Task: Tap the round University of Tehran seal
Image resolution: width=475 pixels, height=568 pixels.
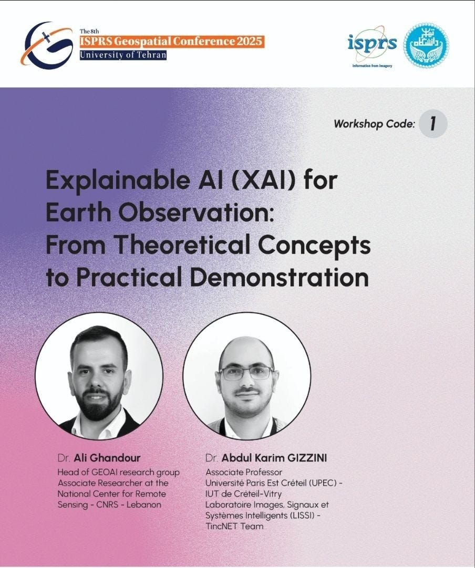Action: tap(426, 45)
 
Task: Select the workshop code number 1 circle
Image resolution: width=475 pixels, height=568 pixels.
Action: tap(433, 124)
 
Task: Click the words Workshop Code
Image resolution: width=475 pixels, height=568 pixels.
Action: tap(374, 124)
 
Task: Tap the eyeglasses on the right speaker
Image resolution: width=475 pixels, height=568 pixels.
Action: tap(246, 373)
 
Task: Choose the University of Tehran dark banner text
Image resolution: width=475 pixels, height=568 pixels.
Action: tap(122, 55)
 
